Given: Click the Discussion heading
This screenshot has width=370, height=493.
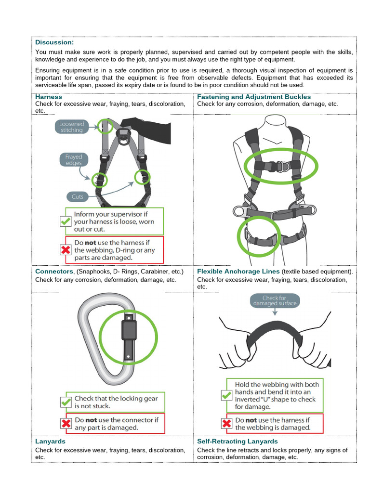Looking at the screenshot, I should [x=54, y=42].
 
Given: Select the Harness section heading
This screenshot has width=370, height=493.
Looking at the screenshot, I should [x=49, y=97].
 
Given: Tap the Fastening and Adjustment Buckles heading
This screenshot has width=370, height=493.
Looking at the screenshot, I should [x=254, y=97].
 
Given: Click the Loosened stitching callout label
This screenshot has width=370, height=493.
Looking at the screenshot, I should [x=71, y=127].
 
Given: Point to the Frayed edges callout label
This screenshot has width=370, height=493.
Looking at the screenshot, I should [x=74, y=160].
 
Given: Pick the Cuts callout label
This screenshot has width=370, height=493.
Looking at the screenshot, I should [x=77, y=196].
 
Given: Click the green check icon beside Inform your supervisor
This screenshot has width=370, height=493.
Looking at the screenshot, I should [x=66, y=221].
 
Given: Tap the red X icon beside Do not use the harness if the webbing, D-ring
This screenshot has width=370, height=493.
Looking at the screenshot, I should [x=66, y=250].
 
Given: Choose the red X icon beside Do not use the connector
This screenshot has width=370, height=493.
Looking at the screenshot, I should [x=66, y=423].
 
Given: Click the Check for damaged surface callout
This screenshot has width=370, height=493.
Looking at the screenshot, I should [x=274, y=300].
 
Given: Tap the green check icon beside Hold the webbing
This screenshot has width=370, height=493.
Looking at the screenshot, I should [x=226, y=395].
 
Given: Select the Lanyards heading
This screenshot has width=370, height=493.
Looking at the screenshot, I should [x=50, y=441].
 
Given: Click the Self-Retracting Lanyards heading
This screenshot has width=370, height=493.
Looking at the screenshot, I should [x=238, y=441].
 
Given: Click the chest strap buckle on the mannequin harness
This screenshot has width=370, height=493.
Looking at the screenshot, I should [x=275, y=166].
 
